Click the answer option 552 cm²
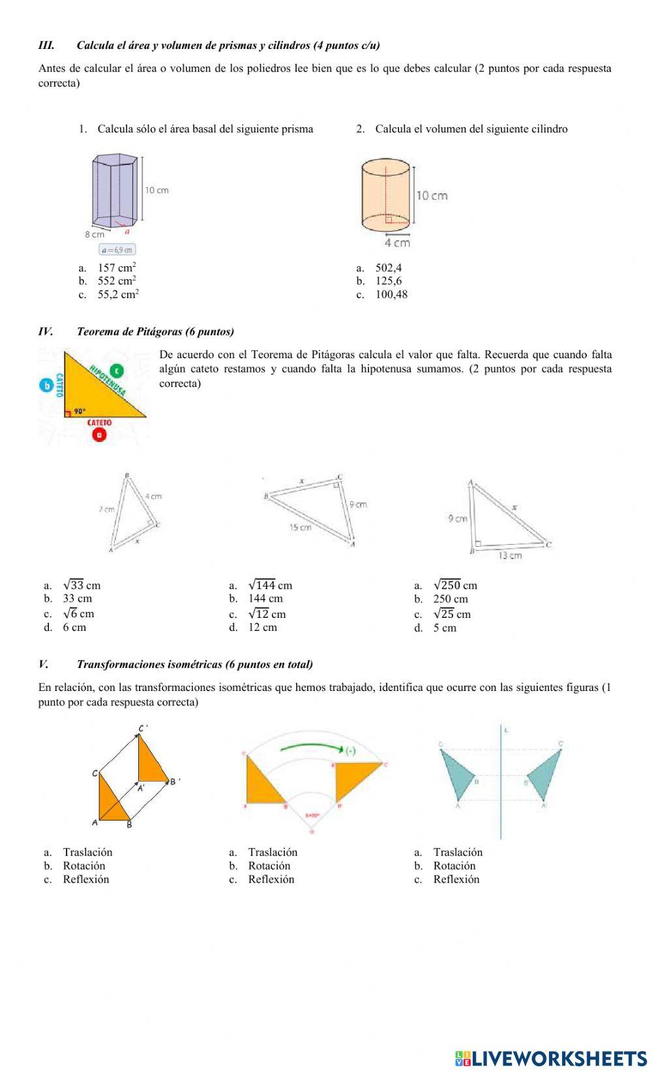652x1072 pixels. [117, 281]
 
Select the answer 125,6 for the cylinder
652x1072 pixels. [388, 281]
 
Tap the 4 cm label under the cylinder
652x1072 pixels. [397, 243]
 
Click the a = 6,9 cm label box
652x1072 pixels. [117, 250]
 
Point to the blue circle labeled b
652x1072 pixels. [46, 385]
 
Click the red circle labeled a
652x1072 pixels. [99, 435]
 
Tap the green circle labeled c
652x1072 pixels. [117, 371]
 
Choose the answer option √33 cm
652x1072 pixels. [81, 585]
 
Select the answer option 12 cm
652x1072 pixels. [262, 628]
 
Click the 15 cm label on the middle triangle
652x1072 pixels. [301, 527]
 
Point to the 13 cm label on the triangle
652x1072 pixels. [510, 556]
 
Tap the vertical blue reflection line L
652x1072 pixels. [501, 783]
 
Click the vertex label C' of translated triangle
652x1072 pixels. [143, 728]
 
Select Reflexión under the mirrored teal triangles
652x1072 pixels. [456, 880]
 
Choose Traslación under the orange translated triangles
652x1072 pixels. [87, 852]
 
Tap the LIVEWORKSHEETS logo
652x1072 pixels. [550, 1058]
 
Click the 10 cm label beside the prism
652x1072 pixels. [156, 191]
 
